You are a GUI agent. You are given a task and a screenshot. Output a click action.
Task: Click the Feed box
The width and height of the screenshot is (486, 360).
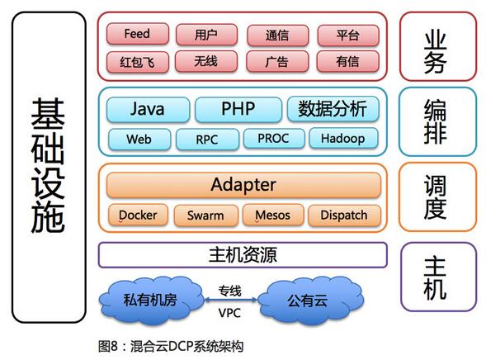pyautogui.click(x=138, y=34)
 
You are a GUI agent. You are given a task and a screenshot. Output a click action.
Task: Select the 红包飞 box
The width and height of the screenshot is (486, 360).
pyautogui.click(x=138, y=62)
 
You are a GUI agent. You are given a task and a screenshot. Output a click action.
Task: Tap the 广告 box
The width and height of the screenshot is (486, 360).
pyautogui.click(x=277, y=61)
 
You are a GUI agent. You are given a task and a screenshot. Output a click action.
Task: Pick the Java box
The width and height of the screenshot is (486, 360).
pyautogui.click(x=148, y=109)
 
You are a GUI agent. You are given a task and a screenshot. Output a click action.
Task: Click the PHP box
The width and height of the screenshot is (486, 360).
pyautogui.click(x=238, y=109)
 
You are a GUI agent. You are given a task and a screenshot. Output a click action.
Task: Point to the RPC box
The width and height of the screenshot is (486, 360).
pyautogui.click(x=207, y=140)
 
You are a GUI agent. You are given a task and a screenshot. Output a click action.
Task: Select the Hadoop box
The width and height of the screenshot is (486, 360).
pyautogui.click(x=343, y=138)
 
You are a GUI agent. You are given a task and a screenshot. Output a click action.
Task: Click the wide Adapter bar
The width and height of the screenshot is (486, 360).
pyautogui.click(x=243, y=185)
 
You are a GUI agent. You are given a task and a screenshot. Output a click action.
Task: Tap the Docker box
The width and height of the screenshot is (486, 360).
pyautogui.click(x=139, y=215)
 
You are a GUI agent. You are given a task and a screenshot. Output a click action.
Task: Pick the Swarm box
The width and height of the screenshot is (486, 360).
pyautogui.click(x=205, y=216)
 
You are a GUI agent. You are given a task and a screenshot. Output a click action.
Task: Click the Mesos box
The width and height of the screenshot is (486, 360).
pyautogui.click(x=273, y=215)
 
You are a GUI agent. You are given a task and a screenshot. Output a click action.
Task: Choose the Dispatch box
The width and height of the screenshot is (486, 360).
pyautogui.click(x=344, y=216)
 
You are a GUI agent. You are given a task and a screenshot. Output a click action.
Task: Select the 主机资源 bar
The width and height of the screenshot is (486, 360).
pyautogui.click(x=243, y=255)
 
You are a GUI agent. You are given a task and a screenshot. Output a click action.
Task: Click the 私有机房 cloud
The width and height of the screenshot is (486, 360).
pyautogui.click(x=151, y=301)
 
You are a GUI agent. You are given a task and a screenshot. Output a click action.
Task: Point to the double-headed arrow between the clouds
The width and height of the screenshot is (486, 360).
pyautogui.click(x=230, y=300)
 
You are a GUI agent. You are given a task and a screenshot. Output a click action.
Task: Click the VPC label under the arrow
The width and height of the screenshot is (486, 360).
pyautogui.click(x=229, y=313)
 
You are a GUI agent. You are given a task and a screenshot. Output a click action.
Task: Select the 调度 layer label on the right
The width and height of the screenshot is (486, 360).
pyautogui.click(x=435, y=197)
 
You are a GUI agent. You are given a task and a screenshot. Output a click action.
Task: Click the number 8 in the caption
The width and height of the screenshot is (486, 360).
pyautogui.click(x=114, y=346)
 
